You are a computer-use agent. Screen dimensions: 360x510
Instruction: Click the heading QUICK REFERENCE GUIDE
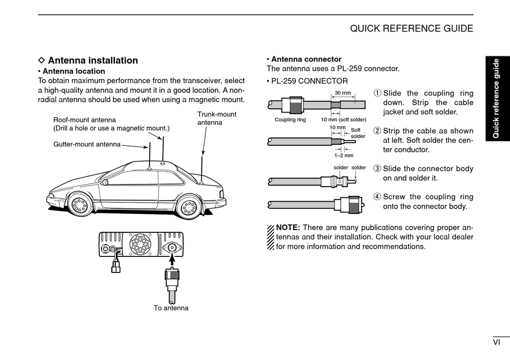point(411,28)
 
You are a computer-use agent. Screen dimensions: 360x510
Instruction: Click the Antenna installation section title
point(92,61)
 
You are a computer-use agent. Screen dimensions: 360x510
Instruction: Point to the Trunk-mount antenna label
point(216,118)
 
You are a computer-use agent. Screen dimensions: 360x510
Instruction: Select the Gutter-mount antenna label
point(86,144)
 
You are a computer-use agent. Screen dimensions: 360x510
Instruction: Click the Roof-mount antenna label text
point(84,120)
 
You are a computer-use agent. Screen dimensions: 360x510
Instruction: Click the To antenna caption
point(171,308)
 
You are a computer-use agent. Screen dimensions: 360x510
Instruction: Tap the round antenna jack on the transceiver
point(172,247)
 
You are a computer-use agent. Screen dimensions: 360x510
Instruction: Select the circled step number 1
point(377,93)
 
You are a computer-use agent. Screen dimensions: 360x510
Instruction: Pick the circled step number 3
point(377,168)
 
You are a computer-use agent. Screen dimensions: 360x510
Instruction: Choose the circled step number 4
point(377,197)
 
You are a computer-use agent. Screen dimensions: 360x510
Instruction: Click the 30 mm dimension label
point(343,93)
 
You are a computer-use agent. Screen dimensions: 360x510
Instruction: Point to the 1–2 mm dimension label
point(344,156)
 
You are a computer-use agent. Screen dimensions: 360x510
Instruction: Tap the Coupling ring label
point(290,120)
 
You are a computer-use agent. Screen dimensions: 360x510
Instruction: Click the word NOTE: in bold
point(288,227)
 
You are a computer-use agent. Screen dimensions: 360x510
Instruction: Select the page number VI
point(497,342)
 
